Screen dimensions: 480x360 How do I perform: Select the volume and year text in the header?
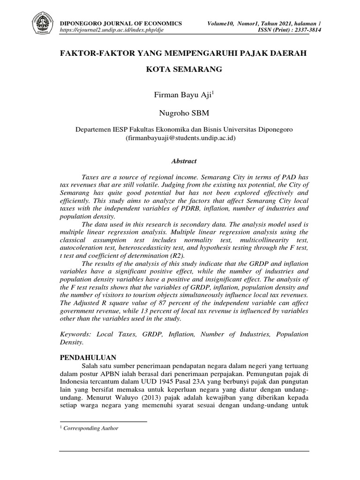point(263,23)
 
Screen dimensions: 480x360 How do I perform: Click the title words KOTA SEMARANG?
point(183,69)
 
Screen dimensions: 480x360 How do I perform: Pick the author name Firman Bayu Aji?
point(183,95)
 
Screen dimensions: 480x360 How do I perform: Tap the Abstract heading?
point(183,161)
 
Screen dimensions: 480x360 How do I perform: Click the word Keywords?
point(77,334)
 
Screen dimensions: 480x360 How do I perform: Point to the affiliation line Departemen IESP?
point(183,129)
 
